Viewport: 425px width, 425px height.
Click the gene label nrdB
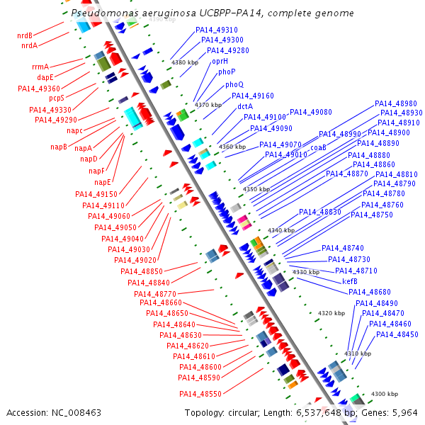[x=25, y=35]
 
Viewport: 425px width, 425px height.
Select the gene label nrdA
[x=29, y=46]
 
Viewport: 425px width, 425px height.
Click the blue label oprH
[x=220, y=62]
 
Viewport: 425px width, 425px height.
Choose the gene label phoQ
[x=234, y=85]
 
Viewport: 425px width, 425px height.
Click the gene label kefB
[x=350, y=281]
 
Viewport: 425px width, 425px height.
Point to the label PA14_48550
[x=200, y=394]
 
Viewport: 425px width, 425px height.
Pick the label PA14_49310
[x=217, y=30]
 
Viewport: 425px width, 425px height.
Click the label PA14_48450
[x=397, y=334]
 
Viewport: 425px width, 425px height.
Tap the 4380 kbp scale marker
[x=185, y=63]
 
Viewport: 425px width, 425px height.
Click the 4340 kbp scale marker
[x=280, y=231]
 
